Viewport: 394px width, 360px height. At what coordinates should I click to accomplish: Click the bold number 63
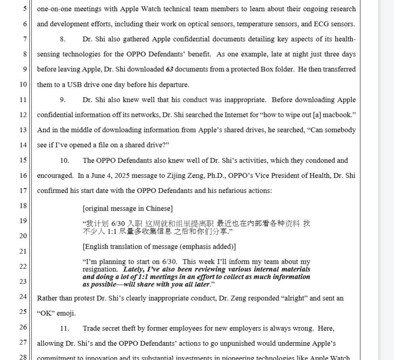click(x=169, y=69)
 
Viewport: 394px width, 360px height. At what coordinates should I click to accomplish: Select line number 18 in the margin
click(x=23, y=206)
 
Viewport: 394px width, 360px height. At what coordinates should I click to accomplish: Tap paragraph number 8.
click(x=63, y=39)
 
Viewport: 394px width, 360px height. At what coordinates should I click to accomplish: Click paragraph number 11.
click(x=64, y=328)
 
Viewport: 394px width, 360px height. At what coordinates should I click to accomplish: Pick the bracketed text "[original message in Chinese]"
click(x=128, y=209)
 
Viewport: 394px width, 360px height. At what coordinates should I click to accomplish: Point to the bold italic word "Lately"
click(x=134, y=269)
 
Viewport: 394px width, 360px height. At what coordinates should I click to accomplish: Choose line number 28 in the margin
click(x=23, y=357)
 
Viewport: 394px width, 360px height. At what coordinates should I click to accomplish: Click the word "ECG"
click(x=321, y=24)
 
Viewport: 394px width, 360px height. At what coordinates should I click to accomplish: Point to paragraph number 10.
click(x=64, y=161)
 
